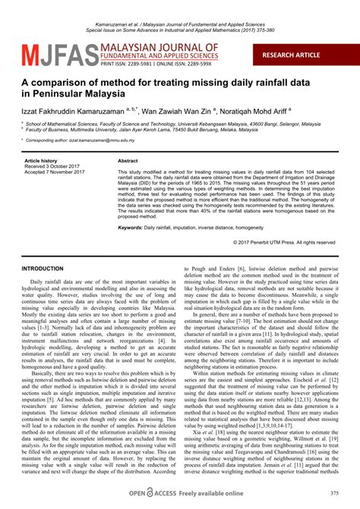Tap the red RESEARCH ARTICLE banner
click(x=302, y=56)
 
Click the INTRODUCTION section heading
click(x=43, y=269)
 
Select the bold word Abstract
click(x=128, y=162)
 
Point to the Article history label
click(x=41, y=162)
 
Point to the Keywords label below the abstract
click(x=134, y=227)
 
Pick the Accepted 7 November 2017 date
click(x=52, y=173)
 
